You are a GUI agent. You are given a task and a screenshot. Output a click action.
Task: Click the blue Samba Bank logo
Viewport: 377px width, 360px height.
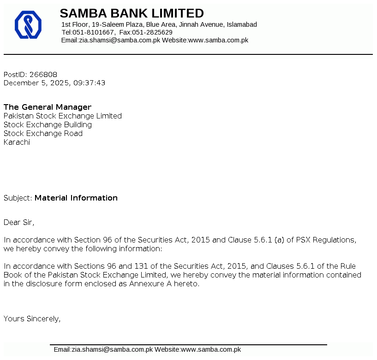click(28, 25)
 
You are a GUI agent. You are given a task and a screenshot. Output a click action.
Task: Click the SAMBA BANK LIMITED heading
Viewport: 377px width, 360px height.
click(132, 13)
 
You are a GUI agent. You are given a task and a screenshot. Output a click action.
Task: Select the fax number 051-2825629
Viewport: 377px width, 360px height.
click(152, 32)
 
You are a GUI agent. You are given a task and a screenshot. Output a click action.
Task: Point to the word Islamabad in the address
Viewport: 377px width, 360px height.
click(242, 24)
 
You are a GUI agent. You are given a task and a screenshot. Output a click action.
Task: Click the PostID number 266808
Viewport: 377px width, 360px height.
click(43, 74)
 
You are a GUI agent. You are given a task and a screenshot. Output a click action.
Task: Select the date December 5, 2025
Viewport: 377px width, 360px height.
click(36, 83)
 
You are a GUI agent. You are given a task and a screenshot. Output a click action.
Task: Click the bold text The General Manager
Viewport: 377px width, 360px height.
click(48, 107)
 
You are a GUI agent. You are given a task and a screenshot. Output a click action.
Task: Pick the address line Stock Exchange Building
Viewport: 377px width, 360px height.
click(48, 124)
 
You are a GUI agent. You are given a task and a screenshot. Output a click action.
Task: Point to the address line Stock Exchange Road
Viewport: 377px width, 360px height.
click(43, 133)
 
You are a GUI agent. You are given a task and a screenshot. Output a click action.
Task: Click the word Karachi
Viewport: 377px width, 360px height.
click(17, 142)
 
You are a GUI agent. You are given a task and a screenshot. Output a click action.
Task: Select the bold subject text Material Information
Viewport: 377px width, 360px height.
click(76, 198)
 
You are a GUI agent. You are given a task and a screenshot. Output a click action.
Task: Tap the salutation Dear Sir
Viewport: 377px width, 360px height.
click(18, 222)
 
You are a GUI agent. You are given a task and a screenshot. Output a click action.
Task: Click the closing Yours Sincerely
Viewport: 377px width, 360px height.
click(32, 318)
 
